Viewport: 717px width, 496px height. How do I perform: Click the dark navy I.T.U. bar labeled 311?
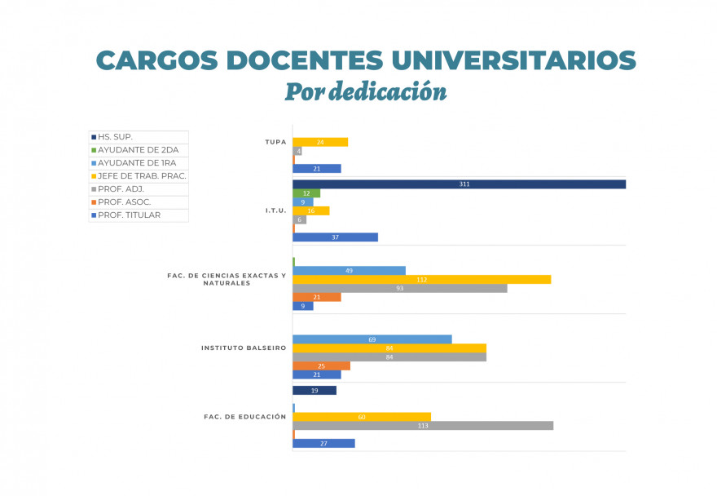tap(459, 184)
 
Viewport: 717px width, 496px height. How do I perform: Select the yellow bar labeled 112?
tap(421, 280)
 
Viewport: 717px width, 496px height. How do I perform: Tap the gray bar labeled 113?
tap(422, 426)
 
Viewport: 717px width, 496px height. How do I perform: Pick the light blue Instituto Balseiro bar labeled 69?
tap(372, 339)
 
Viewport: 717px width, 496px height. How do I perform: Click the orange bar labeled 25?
tap(321, 366)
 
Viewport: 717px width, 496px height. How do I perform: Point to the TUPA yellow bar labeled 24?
tap(320, 142)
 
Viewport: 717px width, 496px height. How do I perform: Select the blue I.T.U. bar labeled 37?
tap(335, 237)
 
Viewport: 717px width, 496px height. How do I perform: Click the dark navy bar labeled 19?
tap(314, 391)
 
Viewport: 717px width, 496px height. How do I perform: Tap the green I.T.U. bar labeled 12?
tap(306, 193)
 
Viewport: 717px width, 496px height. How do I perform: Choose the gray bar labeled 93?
tap(399, 289)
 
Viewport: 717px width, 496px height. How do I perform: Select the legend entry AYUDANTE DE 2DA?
tap(139, 150)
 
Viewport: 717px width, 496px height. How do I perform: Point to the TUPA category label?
tap(275, 142)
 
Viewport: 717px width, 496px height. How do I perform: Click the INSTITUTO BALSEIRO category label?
tap(244, 348)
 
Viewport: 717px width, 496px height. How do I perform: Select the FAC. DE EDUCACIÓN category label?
tap(244, 417)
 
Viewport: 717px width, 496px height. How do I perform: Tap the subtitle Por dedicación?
tap(365, 91)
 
